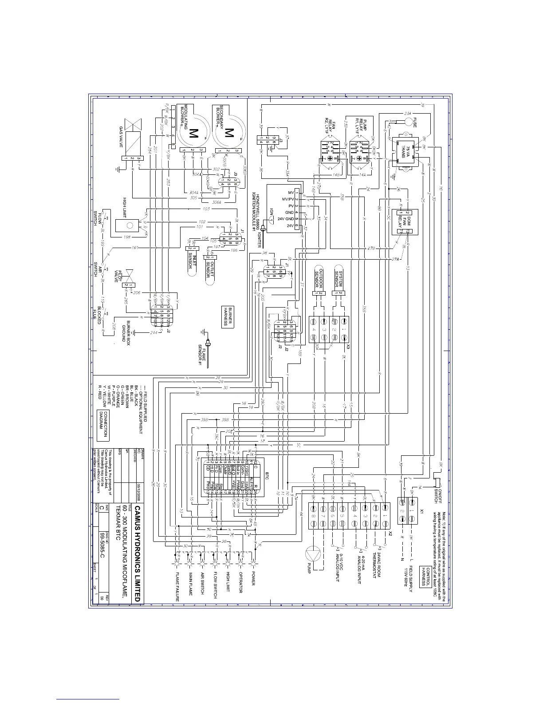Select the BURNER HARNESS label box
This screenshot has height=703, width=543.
point(228,316)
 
